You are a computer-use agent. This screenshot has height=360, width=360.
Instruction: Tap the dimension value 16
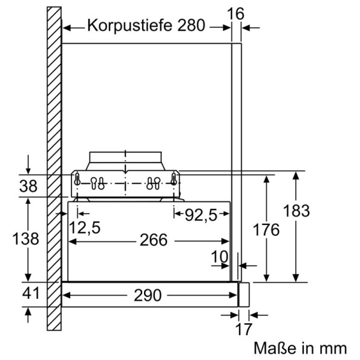[x=241, y=13]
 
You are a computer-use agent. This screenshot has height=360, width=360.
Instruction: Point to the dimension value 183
[x=296, y=211]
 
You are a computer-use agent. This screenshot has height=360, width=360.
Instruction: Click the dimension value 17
[x=243, y=330]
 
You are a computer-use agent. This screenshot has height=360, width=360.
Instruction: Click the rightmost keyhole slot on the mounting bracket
[x=174, y=180]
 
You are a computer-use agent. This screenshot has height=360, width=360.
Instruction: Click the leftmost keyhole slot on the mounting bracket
[x=77, y=180]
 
